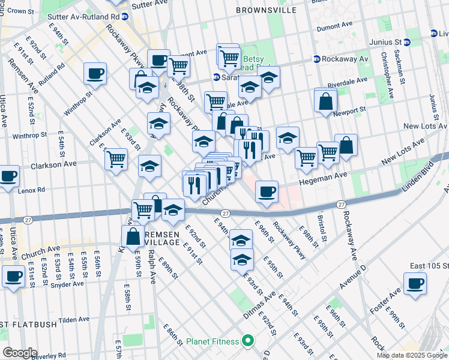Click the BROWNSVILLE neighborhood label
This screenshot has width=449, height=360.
pyautogui.click(x=267, y=11)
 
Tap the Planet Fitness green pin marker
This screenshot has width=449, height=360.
pyautogui.click(x=247, y=341)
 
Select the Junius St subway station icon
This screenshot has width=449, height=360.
pyautogui.click(x=406, y=42)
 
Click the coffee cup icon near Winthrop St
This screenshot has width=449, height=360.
pyautogui.click(x=95, y=74)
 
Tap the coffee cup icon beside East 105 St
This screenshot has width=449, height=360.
pyautogui.click(x=414, y=283)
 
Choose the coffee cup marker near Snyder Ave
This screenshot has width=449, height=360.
pyautogui.click(x=13, y=277)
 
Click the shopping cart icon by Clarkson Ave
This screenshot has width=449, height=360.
pyautogui.click(x=115, y=160)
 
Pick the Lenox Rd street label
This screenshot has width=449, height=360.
pyautogui.click(x=33, y=190)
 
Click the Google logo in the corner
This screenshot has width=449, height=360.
pyautogui.click(x=19, y=353)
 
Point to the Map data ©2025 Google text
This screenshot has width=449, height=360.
pyautogui.click(x=412, y=355)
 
